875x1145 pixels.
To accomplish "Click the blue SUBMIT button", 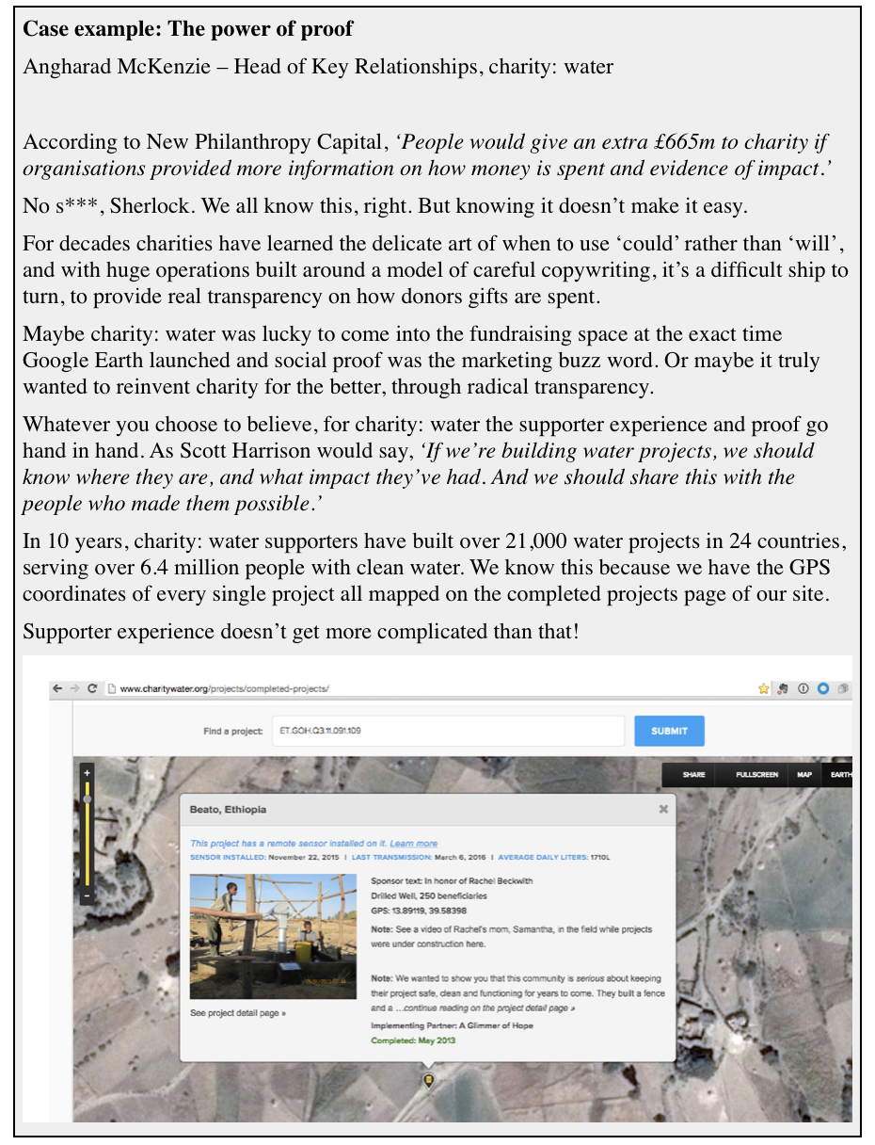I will [x=669, y=731].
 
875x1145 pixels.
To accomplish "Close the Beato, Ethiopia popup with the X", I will [x=663, y=808].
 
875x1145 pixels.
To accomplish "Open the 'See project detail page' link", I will [x=238, y=1013].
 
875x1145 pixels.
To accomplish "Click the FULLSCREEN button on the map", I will [x=757, y=774].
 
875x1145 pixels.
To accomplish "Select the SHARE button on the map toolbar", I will [x=694, y=774].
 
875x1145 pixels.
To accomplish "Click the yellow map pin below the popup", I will [x=429, y=1080].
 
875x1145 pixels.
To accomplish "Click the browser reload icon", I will [x=92, y=688].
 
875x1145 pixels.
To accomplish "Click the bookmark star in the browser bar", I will [x=764, y=688].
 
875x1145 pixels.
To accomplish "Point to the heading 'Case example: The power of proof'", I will [x=187, y=29].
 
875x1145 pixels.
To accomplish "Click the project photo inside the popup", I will [x=273, y=936].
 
